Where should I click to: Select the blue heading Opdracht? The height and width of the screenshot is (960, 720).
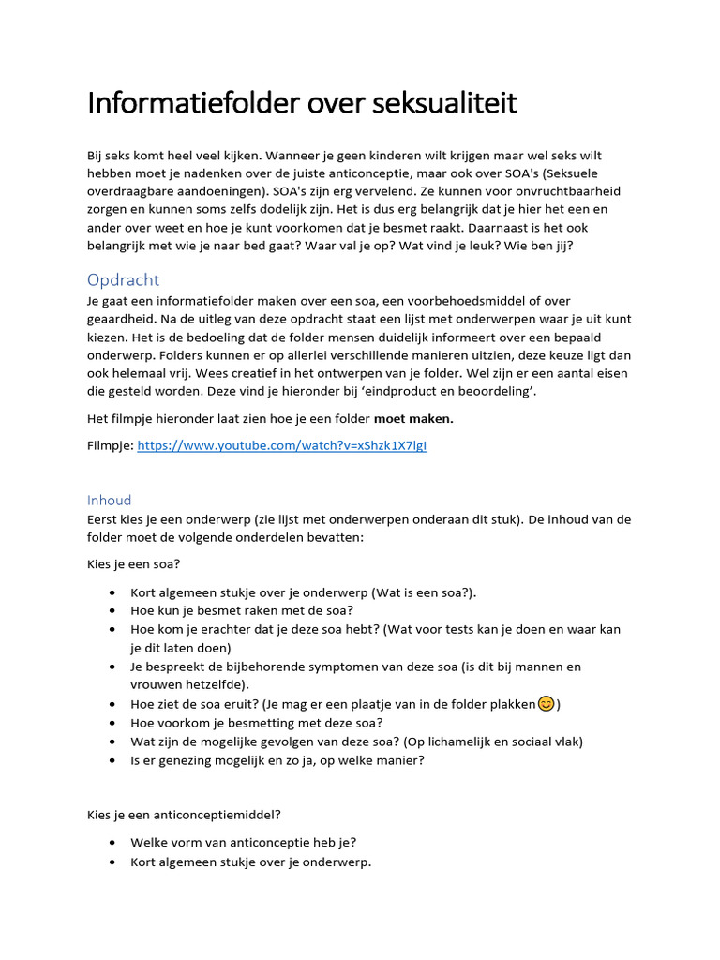pos(123,279)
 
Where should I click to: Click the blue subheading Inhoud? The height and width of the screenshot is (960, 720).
pos(109,500)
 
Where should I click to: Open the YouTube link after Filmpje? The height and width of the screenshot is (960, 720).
pos(281,446)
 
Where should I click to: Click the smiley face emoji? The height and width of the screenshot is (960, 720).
pos(546,704)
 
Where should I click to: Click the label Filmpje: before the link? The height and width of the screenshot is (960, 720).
pos(110,446)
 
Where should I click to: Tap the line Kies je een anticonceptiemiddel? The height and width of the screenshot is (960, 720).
pos(177,815)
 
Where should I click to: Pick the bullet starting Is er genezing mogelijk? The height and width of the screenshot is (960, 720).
pos(277,759)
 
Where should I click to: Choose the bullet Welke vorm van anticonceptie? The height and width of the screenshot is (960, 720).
pos(243,842)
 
